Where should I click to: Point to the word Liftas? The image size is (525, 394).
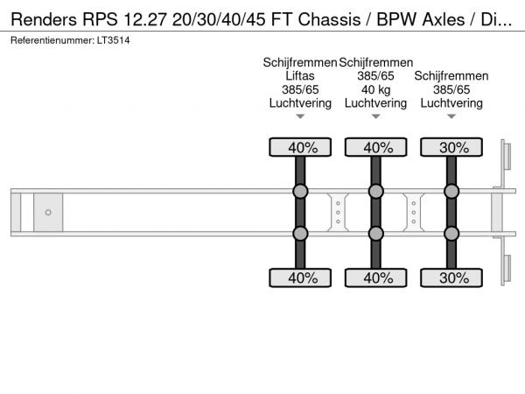[x=299, y=76]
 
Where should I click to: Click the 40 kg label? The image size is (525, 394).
[x=375, y=89]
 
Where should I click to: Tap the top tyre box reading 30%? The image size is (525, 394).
[x=451, y=147]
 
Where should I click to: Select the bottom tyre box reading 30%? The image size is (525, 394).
[x=451, y=278]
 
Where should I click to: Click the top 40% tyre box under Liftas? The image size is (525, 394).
[x=299, y=147]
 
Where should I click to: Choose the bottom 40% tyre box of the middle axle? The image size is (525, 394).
[x=375, y=278]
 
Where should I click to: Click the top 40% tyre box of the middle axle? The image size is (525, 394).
[x=375, y=147]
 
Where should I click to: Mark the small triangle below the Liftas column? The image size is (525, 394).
[x=299, y=116]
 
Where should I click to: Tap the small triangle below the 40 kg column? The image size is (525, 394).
[x=375, y=116]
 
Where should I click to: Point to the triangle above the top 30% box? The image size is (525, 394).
[x=451, y=116]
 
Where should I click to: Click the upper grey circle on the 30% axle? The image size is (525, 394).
[x=451, y=192]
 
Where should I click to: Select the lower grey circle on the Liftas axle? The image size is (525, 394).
[x=299, y=233]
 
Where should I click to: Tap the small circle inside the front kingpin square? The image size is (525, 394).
[x=48, y=212]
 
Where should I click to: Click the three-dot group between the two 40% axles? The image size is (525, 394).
[x=338, y=212]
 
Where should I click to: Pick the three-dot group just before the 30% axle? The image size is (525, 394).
[x=413, y=212]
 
